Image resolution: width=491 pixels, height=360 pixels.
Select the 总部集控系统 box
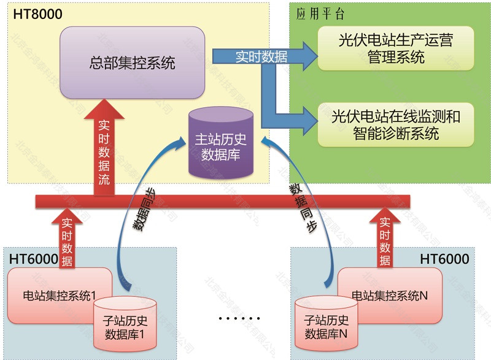(x=131, y=62)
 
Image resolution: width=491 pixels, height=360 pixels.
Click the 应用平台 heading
(x=320, y=14)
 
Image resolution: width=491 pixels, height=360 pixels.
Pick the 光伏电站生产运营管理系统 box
(x=396, y=48)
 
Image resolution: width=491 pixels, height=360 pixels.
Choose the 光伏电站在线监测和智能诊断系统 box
(x=396, y=124)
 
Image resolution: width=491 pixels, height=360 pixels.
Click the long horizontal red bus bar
(x=245, y=201)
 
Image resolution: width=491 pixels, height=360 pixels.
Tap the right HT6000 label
(x=444, y=259)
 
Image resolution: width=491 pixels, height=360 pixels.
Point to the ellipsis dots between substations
(x=239, y=319)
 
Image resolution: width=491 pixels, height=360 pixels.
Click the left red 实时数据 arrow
(x=67, y=239)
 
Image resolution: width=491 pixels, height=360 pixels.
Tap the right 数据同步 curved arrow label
(x=303, y=209)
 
